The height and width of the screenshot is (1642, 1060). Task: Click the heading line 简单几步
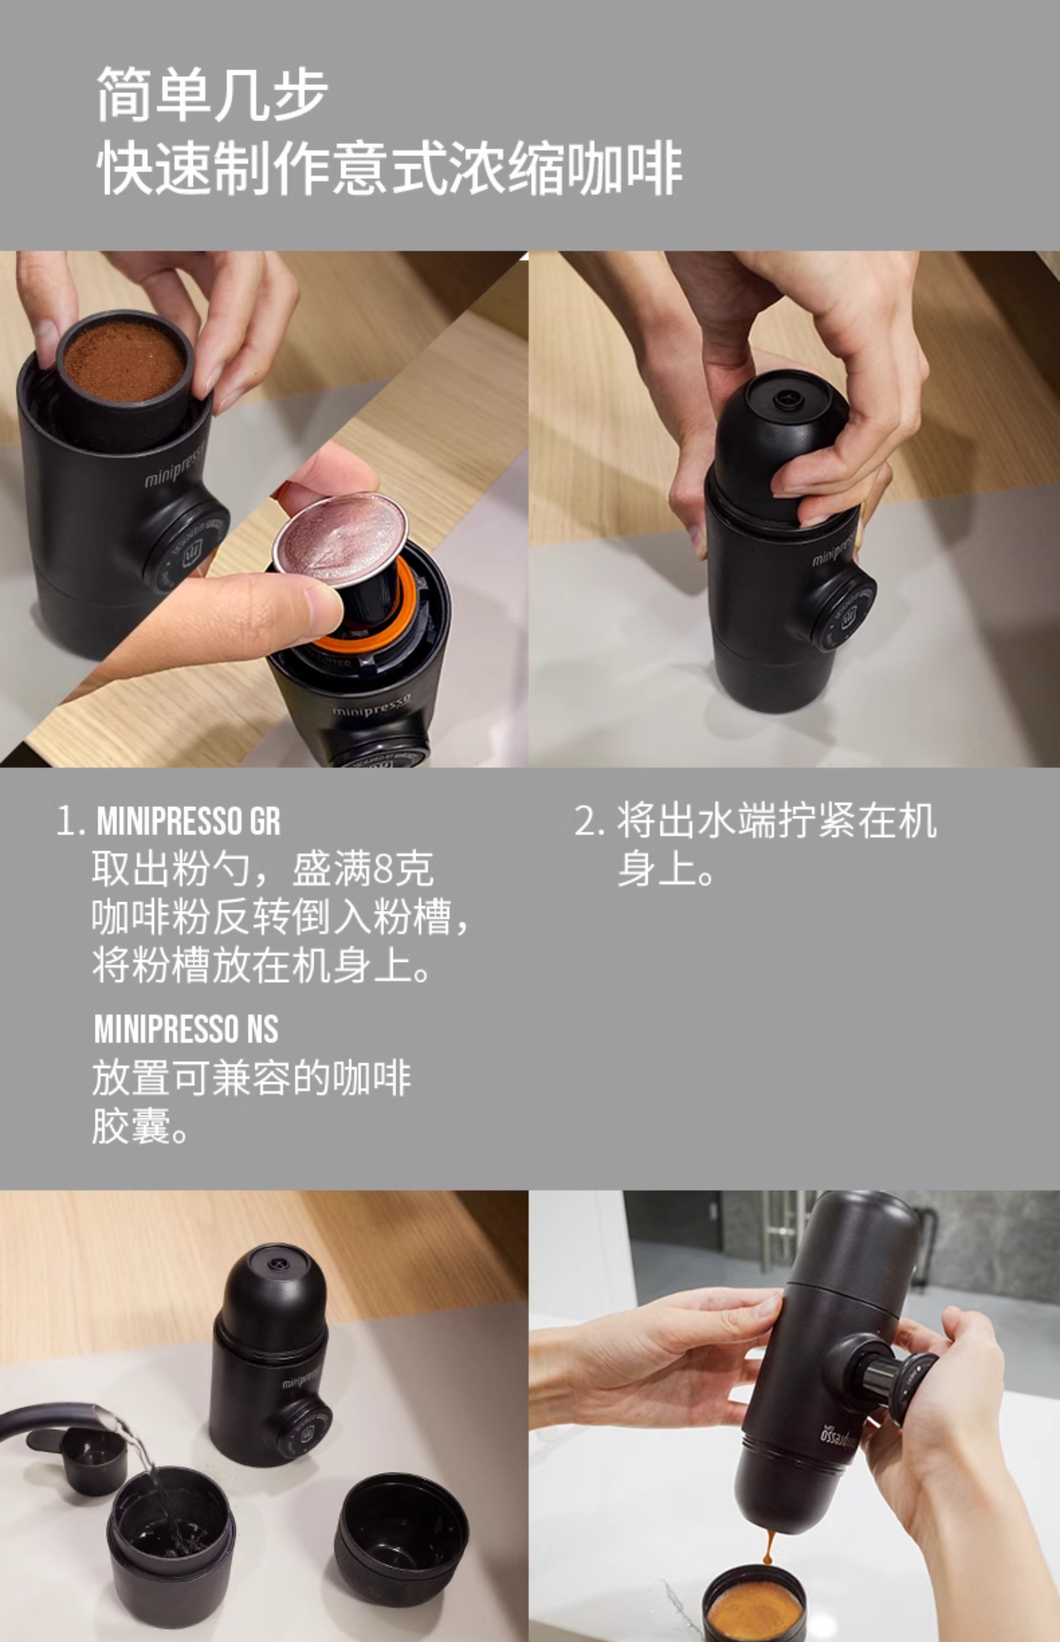point(212,95)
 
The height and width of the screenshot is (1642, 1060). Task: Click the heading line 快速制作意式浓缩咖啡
point(389,168)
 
